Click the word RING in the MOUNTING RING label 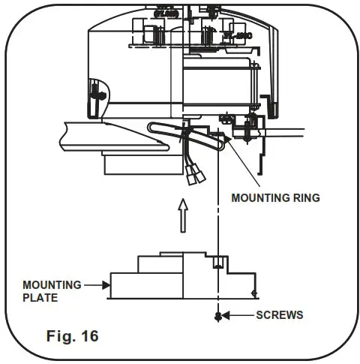pos(304,198)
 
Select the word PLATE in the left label pos(39,297)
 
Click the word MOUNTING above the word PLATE pos(51,285)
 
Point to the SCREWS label pos(279,314)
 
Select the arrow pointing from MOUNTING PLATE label pos(96,285)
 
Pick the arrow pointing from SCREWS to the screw pos(238,314)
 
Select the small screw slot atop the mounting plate pos(217,262)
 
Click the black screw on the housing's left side pos(94,92)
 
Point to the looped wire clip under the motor pos(161,130)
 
